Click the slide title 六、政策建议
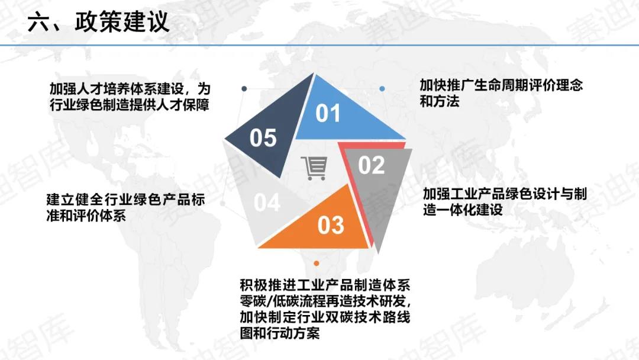pos(98,22)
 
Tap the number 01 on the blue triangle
pos(328,113)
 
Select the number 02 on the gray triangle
pos(371,165)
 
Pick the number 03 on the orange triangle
pos(331,225)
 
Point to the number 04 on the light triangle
pos(266,202)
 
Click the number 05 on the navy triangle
pos(263,138)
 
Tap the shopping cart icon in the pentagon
pos(314,168)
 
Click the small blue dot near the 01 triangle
pos(382,88)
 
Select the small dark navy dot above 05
pos(244,88)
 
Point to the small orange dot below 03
pos(316,263)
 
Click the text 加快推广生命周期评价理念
pos(501,85)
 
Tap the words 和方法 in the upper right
pos(439,101)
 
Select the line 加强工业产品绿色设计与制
pos(505,194)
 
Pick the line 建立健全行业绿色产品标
pos(125,200)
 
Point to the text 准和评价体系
pos(86,216)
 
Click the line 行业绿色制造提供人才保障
pos(129,105)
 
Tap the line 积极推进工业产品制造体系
pos(325,285)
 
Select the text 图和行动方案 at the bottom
pos(279,333)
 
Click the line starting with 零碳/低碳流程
pos(325,301)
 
